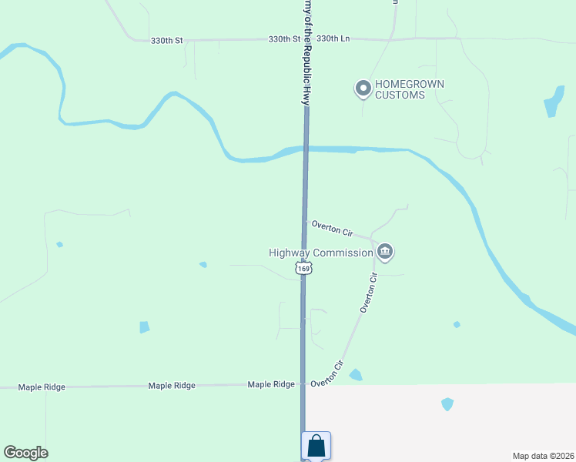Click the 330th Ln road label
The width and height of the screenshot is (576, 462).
(x=333, y=38)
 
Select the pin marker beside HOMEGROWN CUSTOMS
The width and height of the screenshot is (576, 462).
(x=363, y=89)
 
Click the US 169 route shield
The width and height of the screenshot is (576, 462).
(x=304, y=268)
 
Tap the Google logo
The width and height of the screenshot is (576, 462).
(x=25, y=453)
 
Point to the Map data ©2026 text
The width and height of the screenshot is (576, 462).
(x=544, y=455)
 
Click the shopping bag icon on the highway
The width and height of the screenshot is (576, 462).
(x=316, y=445)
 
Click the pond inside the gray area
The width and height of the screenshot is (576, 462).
(x=447, y=403)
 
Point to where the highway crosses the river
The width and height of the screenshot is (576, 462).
(x=305, y=149)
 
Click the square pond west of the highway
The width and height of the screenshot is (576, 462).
(x=144, y=327)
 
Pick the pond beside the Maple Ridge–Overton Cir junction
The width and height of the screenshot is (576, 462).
(x=355, y=375)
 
